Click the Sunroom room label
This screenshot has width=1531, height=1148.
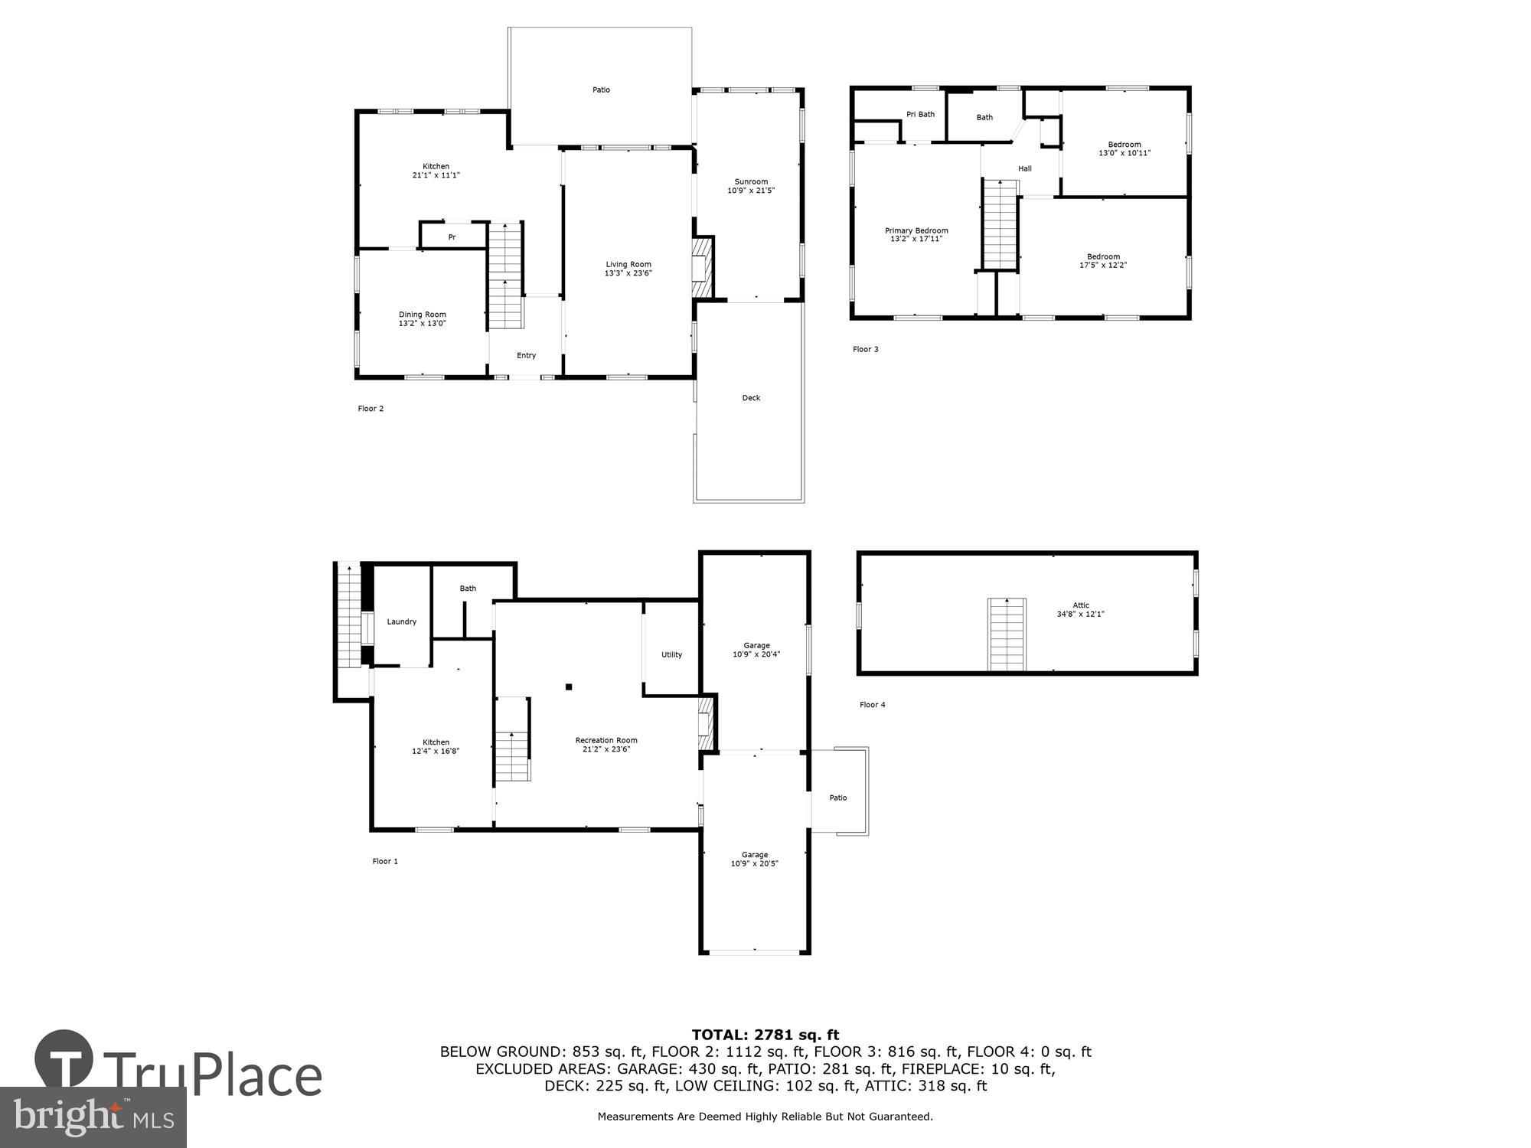click(751, 182)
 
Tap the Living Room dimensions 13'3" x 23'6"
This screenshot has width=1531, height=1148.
click(628, 273)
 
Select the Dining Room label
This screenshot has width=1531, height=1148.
click(422, 315)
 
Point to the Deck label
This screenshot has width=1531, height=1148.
click(751, 398)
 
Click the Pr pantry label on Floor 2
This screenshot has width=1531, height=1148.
click(452, 237)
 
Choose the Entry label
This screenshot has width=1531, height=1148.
click(527, 355)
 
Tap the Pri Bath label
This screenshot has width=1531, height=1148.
click(921, 115)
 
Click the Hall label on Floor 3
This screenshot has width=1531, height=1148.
click(1025, 168)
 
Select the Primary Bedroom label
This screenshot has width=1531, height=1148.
click(916, 230)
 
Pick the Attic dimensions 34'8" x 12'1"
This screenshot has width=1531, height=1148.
click(1081, 614)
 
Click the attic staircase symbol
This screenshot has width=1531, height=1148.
click(1007, 634)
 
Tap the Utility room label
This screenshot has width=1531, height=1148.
click(672, 654)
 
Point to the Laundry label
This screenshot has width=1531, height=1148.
click(402, 621)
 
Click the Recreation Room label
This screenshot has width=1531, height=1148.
click(606, 740)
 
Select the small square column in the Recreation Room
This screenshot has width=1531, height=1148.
click(569, 687)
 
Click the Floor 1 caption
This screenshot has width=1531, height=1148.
click(385, 861)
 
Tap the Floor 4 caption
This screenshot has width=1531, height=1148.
click(873, 705)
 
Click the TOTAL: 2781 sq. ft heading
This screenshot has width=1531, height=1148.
click(765, 1035)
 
